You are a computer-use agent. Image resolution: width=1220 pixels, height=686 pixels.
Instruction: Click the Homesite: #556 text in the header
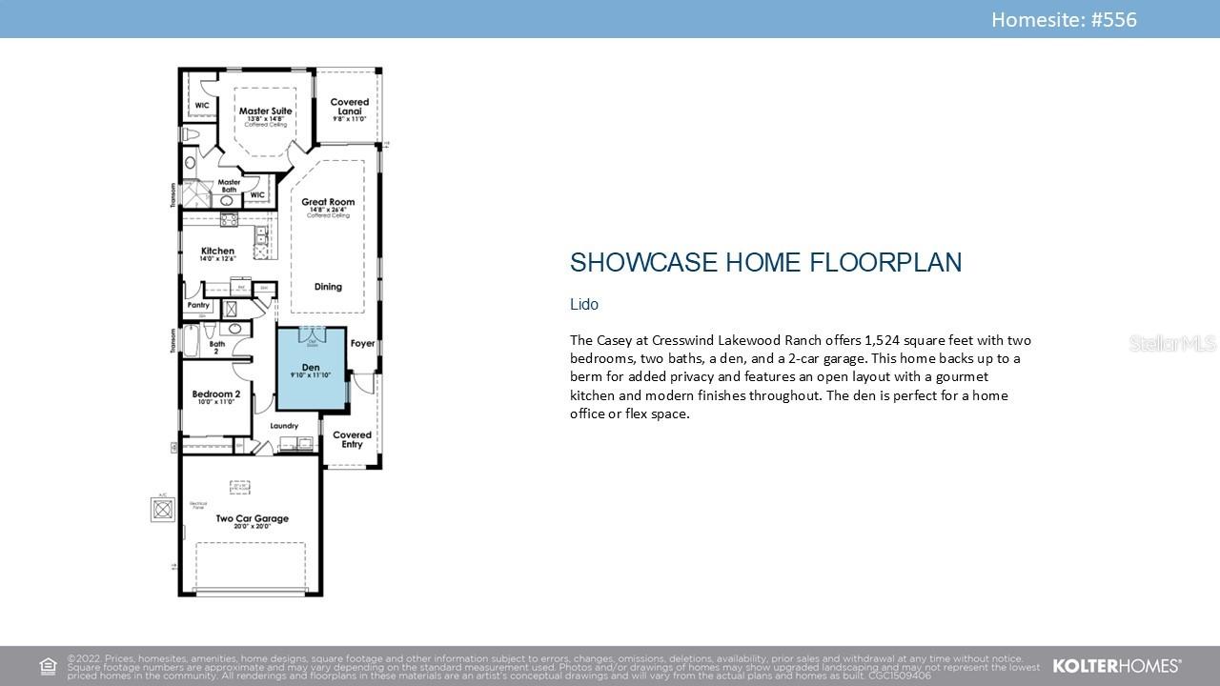[1064, 19]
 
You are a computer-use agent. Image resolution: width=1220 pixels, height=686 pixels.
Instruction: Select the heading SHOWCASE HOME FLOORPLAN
[765, 263]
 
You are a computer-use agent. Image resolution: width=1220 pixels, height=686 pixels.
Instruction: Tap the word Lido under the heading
[583, 304]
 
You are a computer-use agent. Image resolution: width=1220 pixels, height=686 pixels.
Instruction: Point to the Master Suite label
[265, 111]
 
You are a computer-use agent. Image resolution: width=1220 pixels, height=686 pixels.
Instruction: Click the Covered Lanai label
[350, 107]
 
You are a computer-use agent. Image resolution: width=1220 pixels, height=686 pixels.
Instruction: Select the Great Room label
[328, 202]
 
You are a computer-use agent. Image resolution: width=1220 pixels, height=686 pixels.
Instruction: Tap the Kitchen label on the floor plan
[217, 252]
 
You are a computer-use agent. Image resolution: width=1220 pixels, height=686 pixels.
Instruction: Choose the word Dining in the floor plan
[328, 287]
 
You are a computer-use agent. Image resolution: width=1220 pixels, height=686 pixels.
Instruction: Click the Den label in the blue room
[311, 368]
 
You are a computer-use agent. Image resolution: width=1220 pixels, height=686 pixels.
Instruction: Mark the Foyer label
[362, 343]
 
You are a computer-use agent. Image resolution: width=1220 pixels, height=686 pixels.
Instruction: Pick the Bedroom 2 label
[215, 394]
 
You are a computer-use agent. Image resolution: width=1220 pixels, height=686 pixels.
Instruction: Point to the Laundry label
[284, 426]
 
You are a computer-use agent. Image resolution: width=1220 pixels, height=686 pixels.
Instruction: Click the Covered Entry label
[352, 439]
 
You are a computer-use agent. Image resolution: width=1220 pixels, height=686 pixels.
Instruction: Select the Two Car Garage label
[252, 519]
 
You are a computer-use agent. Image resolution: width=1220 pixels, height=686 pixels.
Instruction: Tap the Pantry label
[198, 306]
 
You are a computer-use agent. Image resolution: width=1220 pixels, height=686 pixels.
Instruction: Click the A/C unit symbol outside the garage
[163, 510]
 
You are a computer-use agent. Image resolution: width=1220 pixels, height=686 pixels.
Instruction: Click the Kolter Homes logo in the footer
[1116, 666]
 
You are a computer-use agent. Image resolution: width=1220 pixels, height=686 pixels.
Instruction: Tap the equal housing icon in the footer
[48, 666]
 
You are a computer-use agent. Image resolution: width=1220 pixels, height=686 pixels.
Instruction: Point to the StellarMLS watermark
[1172, 343]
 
